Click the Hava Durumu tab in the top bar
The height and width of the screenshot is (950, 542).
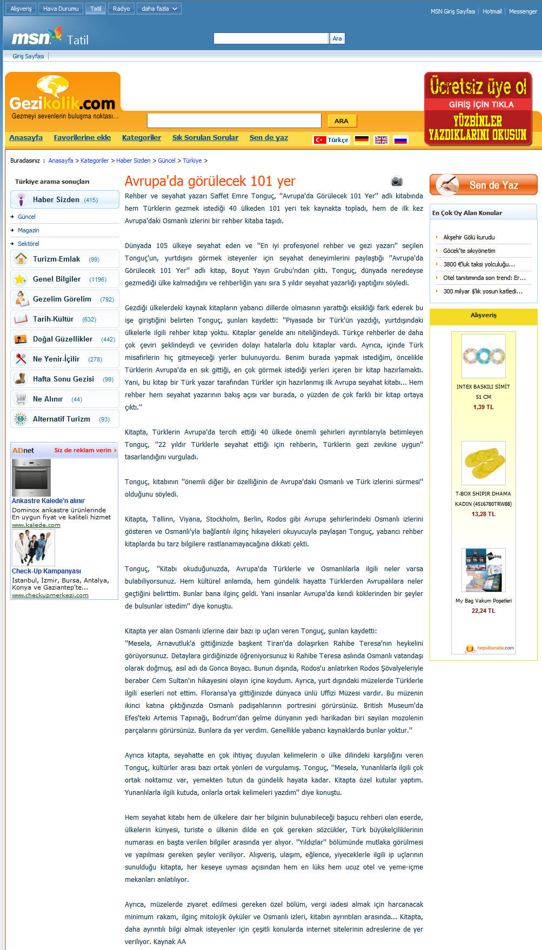point(61,9)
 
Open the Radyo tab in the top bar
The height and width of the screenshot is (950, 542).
point(121,9)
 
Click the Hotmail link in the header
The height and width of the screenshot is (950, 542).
point(492,11)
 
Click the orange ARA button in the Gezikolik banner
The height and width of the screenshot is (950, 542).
point(341,121)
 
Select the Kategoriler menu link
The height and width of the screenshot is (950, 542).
point(142,138)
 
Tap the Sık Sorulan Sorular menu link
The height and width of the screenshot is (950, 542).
point(205,138)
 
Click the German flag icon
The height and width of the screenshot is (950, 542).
point(362,140)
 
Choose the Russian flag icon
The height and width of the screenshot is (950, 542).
point(400,140)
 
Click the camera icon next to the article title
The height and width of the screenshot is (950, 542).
point(397,182)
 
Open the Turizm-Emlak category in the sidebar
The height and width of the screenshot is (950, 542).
point(56,259)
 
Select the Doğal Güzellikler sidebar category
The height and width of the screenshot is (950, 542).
point(63,339)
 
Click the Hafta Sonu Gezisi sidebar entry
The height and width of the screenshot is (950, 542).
point(63,379)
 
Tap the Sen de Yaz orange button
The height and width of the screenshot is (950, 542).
point(483,185)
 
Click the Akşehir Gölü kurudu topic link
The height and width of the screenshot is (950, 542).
point(469,237)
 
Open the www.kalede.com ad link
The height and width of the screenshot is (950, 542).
point(36,525)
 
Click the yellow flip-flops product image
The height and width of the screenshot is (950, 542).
point(484,463)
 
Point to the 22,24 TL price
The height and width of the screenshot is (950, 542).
point(483,611)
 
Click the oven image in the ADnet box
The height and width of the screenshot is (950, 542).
point(31,478)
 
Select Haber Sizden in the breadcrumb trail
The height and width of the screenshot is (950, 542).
point(134,160)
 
